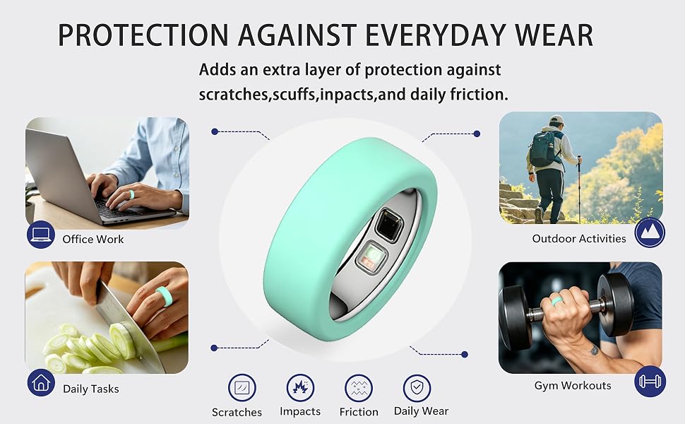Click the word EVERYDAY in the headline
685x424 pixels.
436,35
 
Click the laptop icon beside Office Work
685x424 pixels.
41,235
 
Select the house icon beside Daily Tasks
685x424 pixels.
41,383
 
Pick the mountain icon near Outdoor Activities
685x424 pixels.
650,232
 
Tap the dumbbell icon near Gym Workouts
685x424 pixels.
650,381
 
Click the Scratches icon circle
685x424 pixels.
242,388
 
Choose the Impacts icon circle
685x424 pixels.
301,387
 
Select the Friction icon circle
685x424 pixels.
359,388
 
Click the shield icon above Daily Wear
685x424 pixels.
417,388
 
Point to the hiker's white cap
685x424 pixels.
557,119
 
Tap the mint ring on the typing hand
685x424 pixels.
131,194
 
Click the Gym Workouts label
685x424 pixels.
573,386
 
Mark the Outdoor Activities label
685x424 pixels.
579,239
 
